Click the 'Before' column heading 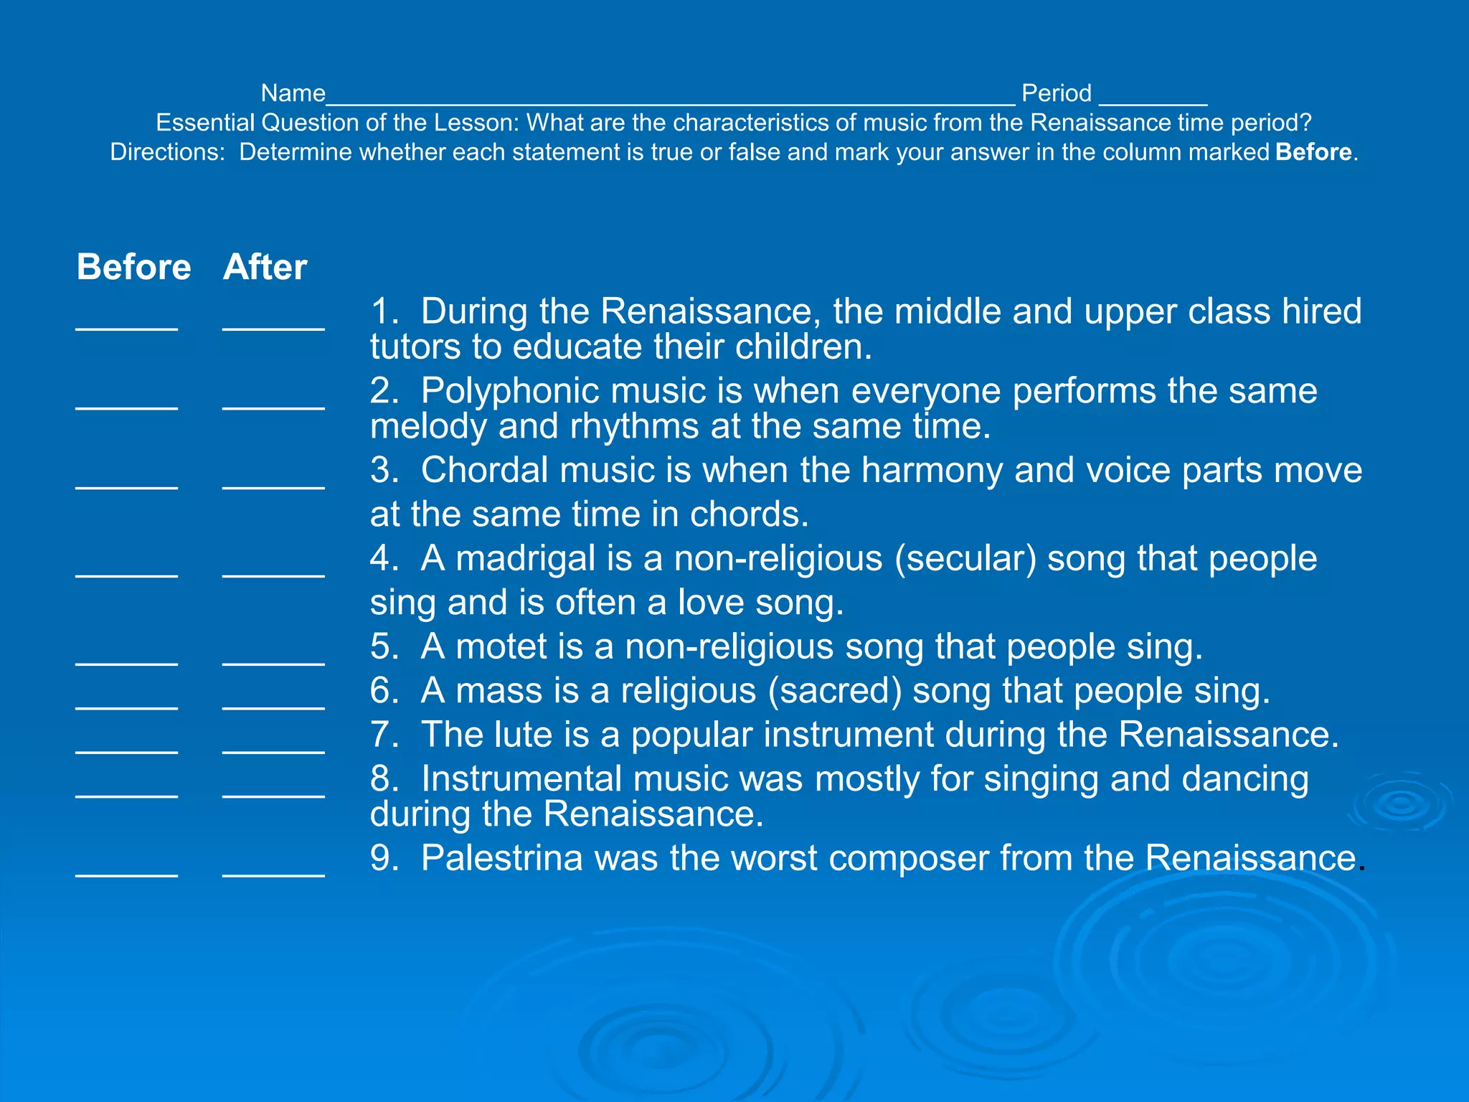(x=133, y=267)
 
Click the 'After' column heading (x=265, y=267)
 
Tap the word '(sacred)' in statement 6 (x=835, y=691)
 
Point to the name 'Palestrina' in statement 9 (x=501, y=858)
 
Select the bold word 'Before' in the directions (x=1313, y=152)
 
